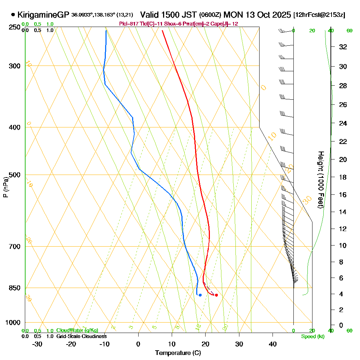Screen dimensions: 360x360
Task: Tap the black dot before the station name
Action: pyautogui.click(x=13, y=15)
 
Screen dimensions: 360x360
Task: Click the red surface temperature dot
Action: pyautogui.click(x=216, y=295)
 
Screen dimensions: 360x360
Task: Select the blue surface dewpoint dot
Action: pyautogui.click(x=200, y=295)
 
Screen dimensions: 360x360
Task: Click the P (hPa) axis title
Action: pyautogui.click(x=6, y=187)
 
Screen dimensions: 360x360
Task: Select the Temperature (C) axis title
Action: pyautogui.click(x=178, y=353)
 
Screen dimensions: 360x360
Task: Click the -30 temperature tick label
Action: pyautogui.click(x=37, y=344)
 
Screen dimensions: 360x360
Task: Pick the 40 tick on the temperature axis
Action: pyautogui.click(x=273, y=344)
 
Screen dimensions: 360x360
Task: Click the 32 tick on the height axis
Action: pyautogui.click(x=343, y=46)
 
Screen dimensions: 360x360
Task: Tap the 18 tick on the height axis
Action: pyautogui.click(x=343, y=177)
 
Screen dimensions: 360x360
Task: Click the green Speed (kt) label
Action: pyautogui.click(x=313, y=337)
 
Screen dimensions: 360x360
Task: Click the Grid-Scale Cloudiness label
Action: pyautogui.click(x=81, y=336)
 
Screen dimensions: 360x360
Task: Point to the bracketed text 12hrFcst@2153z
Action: pyautogui.click(x=319, y=15)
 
